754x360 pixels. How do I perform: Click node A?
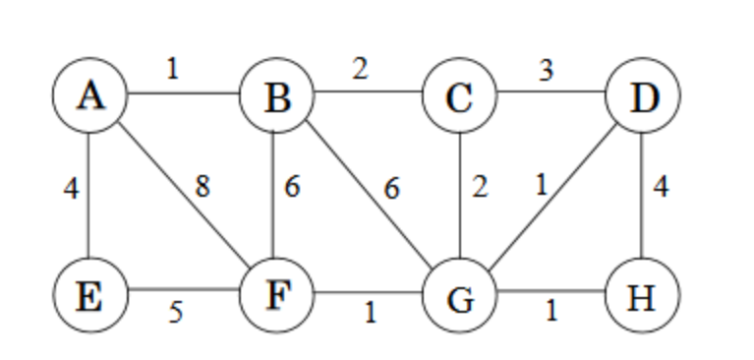click(x=89, y=96)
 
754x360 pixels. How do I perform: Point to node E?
click(x=89, y=293)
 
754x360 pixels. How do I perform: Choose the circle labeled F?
click(x=277, y=293)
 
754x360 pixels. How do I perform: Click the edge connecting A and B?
click(x=183, y=96)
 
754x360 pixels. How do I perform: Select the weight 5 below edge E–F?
click(x=175, y=314)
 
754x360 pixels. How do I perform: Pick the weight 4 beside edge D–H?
click(x=662, y=186)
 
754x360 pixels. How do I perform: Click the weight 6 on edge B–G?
click(x=392, y=186)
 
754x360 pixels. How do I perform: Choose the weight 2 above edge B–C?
click(x=361, y=71)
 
